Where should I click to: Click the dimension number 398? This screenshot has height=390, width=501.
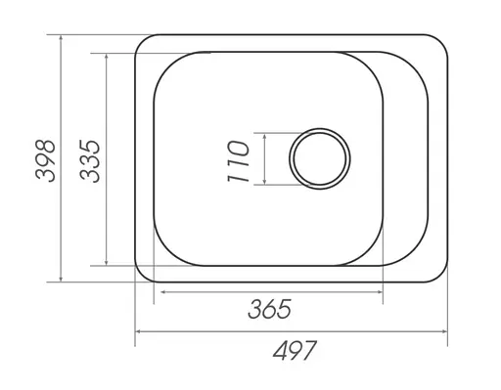click(45, 160)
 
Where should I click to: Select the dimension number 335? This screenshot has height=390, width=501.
click(90, 161)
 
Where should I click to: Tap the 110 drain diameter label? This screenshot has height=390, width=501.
click(238, 161)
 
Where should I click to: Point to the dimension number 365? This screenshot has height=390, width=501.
click(269, 309)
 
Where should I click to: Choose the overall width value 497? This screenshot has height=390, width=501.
click(295, 350)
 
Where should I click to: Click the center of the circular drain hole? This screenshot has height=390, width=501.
click(320, 158)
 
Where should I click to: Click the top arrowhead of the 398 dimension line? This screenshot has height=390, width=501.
click(61, 38)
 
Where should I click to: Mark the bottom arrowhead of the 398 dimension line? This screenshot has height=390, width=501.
click(61, 279)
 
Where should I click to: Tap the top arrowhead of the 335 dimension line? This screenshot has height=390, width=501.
click(107, 57)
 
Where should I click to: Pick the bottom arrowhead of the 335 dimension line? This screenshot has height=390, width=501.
click(107, 262)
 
